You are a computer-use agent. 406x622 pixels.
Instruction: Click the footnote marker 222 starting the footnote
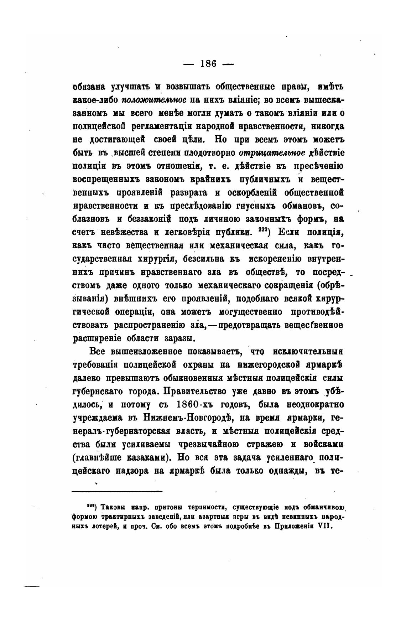[90, 506]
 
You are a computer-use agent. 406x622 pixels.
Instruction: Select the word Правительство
[196, 392]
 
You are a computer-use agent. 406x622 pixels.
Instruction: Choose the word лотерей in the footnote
[107, 526]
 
